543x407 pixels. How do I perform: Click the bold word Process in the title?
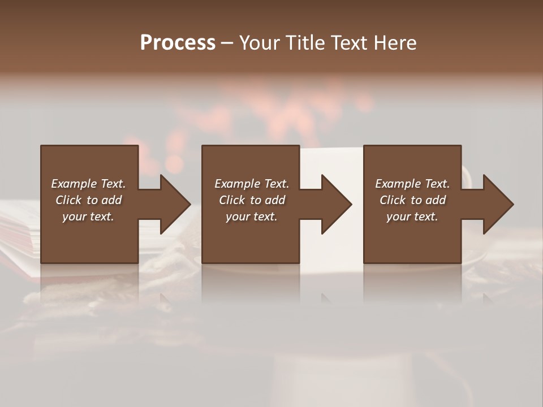[x=178, y=43]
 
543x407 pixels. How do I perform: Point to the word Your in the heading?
[x=259, y=43]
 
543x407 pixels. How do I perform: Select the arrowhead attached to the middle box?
[x=335, y=204]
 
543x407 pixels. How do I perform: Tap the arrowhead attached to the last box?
[x=497, y=204]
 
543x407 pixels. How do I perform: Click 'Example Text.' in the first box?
[x=88, y=184]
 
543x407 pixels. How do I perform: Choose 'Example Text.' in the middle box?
[x=252, y=184]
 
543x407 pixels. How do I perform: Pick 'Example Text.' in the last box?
[x=412, y=184]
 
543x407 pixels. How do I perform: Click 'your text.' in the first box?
[x=88, y=217]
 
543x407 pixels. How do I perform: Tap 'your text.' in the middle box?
[x=252, y=217]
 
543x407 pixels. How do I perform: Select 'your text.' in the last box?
[x=412, y=217]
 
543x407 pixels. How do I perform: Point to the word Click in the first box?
[x=68, y=200]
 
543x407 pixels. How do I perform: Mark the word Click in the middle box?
[x=232, y=200]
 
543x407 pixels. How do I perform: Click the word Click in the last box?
[x=393, y=200]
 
